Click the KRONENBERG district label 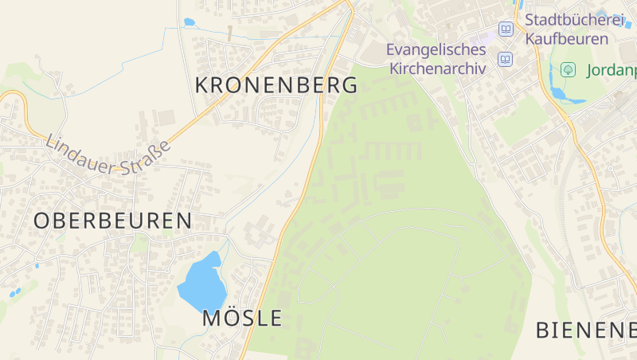coord(276,85)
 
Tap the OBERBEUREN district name coord(113,221)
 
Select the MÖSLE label coord(242,318)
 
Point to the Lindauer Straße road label coord(108,155)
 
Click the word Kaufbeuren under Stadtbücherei coord(566,38)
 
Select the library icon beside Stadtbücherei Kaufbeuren coord(505,29)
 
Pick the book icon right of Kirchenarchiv coord(505,59)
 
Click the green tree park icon coord(568,69)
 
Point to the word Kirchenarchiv coord(437,68)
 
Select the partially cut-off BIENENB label coord(585,329)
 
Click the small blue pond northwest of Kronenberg coord(189,22)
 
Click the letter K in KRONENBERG coord(203,85)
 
